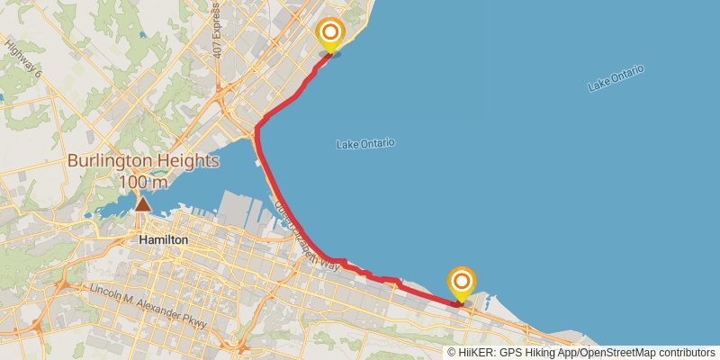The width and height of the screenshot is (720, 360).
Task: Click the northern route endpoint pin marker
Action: click(x=330, y=34)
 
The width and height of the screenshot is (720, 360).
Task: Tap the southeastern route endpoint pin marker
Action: click(x=462, y=283)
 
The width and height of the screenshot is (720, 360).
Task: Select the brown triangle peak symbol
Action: click(x=142, y=204)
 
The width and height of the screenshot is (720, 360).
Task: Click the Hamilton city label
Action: click(x=164, y=240)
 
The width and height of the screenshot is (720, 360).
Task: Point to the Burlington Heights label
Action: click(x=143, y=162)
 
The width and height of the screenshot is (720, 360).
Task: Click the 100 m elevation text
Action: click(x=143, y=183)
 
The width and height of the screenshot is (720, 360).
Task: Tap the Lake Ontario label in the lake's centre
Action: click(x=365, y=144)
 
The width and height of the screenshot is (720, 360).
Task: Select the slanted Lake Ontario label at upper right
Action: click(x=616, y=79)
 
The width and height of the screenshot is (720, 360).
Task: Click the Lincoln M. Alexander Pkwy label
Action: click(x=148, y=305)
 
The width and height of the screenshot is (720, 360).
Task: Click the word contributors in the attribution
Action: click(x=686, y=353)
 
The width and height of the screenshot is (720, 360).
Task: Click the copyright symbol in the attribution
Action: click(x=453, y=353)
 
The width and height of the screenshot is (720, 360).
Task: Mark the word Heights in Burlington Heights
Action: click(x=184, y=162)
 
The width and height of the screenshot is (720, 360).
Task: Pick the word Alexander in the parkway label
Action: click(x=159, y=309)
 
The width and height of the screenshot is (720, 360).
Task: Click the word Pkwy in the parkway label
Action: click(x=195, y=321)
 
